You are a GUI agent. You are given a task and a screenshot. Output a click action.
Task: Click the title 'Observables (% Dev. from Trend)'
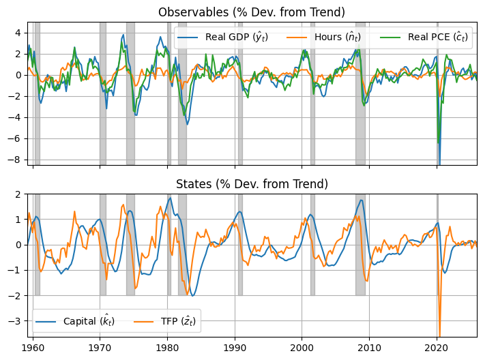click(x=252, y=12)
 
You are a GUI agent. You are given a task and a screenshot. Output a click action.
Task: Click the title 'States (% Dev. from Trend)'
click(x=252, y=184)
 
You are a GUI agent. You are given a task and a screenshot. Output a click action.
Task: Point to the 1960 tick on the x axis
click(x=33, y=347)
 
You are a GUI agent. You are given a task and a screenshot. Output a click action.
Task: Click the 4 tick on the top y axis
click(x=21, y=32)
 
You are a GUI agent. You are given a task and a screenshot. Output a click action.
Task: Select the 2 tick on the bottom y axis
click(x=21, y=194)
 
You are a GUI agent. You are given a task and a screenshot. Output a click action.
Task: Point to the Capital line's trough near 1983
click(x=193, y=295)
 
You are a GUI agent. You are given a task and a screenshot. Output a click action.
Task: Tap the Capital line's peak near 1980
click(x=170, y=198)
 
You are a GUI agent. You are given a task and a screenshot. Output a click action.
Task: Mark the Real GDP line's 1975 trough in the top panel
click(x=136, y=115)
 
